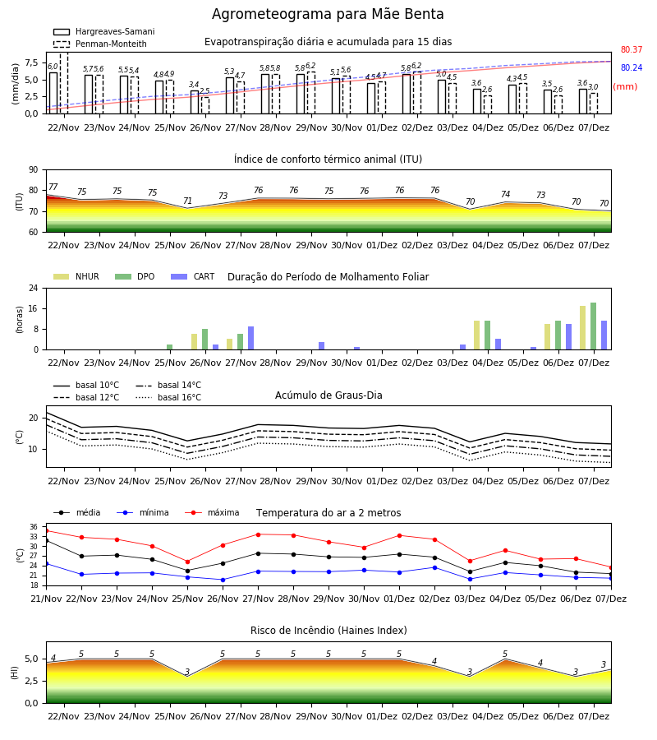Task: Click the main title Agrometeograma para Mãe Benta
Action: (x=328, y=14)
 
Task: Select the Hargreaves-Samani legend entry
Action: (x=103, y=31)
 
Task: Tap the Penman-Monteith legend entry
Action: (x=100, y=44)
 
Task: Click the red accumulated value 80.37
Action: (x=632, y=49)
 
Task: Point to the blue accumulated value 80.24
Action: (x=632, y=67)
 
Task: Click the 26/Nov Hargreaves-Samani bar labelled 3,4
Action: (x=195, y=102)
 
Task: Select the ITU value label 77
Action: (x=53, y=187)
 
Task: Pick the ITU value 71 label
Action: (x=187, y=201)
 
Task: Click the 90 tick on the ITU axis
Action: (x=34, y=170)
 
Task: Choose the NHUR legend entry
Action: (x=76, y=276)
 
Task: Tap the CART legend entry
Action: (x=193, y=276)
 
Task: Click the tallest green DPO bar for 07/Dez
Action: (x=594, y=326)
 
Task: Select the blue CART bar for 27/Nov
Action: (x=250, y=338)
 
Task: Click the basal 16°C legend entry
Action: (x=168, y=397)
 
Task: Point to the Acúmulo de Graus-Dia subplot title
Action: (x=328, y=395)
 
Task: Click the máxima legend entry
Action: (x=212, y=512)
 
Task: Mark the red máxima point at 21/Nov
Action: (x=46, y=531)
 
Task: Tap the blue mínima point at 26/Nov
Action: (x=223, y=580)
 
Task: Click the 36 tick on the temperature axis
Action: (x=34, y=527)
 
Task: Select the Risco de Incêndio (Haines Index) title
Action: (x=328, y=631)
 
